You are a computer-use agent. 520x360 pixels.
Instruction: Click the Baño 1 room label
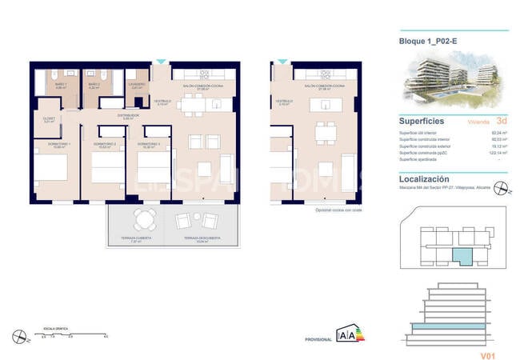pos(50,85)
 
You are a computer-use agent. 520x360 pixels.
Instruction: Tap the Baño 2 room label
pos(94,85)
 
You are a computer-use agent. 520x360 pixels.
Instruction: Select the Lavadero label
pos(137,84)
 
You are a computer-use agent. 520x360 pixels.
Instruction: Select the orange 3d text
pos(502,122)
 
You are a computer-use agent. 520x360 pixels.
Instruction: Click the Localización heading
pos(425,180)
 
